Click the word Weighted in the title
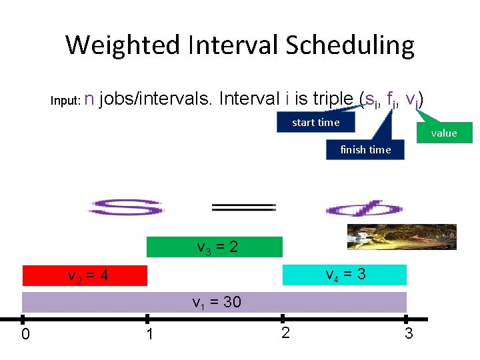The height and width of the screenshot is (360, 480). click(123, 46)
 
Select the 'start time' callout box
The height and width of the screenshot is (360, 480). click(316, 122)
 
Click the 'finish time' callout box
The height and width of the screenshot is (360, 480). click(365, 149)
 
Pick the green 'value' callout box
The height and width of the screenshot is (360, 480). click(444, 133)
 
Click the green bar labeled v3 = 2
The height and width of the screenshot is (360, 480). click(215, 247)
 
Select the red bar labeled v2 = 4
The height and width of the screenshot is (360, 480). click(85, 275)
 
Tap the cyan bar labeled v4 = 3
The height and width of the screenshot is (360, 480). click(345, 275)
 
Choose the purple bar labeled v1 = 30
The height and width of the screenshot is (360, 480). click(215, 302)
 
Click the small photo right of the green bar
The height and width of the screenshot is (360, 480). click(402, 237)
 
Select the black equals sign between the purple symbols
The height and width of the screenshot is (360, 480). click(243, 208)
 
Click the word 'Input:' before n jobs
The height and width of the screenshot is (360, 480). click(65, 101)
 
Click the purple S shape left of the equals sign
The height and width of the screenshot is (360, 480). click(126, 207)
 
